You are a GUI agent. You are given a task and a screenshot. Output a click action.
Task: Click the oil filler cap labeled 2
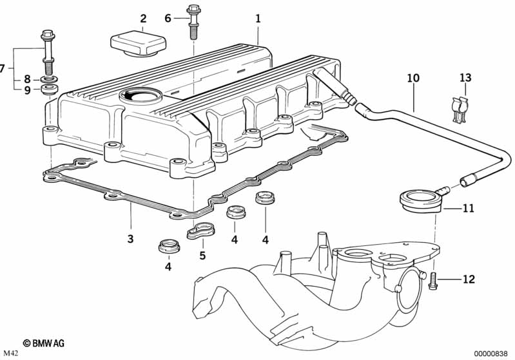(x=138, y=44)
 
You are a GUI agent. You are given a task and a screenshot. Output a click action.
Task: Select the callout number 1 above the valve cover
(x=258, y=19)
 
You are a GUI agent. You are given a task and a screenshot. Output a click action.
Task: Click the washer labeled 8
(x=49, y=79)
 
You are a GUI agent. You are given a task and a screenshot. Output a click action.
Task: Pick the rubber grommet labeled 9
(x=49, y=90)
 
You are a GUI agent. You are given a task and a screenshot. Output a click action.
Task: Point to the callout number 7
(x=3, y=69)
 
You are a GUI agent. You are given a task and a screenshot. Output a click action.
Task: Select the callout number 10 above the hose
(x=413, y=78)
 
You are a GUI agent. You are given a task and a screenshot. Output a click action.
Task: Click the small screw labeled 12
(x=433, y=280)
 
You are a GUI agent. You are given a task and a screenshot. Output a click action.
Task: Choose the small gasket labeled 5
(x=200, y=230)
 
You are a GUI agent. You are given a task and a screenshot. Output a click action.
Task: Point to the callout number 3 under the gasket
(x=130, y=238)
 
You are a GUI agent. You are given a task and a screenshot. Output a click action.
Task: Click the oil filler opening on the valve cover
(x=141, y=95)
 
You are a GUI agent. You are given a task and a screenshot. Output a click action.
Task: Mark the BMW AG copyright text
(x=44, y=343)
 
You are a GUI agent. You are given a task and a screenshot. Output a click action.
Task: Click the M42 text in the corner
(x=10, y=354)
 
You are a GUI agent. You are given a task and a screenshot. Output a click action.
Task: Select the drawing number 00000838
(x=491, y=354)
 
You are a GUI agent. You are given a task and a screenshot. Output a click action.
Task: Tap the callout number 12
(x=469, y=279)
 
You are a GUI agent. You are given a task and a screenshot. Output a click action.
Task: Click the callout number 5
(x=202, y=255)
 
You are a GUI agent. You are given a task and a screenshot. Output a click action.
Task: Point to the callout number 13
(x=465, y=78)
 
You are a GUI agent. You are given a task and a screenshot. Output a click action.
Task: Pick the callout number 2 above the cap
(x=143, y=19)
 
